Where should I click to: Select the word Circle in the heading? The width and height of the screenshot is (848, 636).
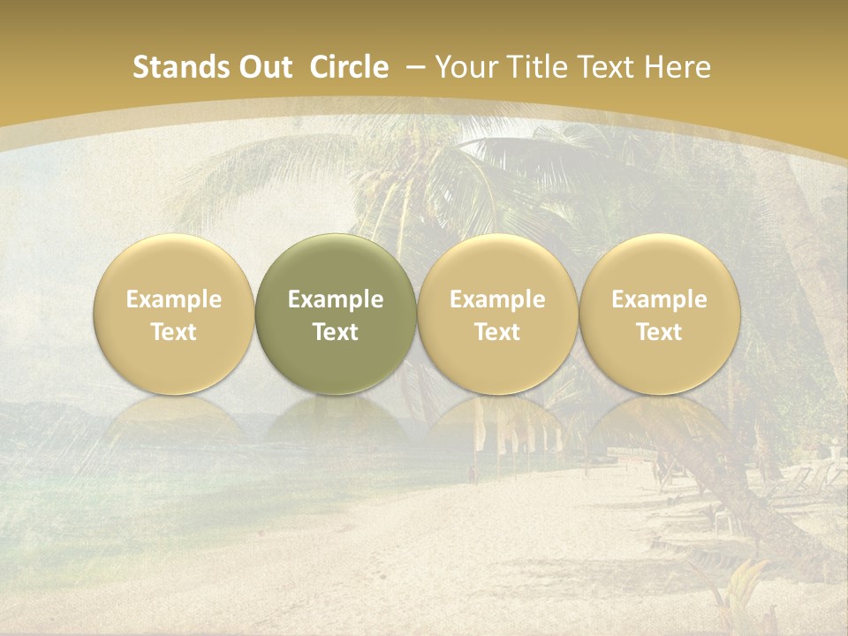pyautogui.click(x=349, y=67)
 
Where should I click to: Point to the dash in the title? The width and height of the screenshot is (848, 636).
pyautogui.click(x=413, y=68)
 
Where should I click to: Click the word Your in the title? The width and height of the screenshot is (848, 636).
pyautogui.click(x=464, y=67)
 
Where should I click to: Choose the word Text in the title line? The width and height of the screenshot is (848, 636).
pyautogui.click(x=602, y=67)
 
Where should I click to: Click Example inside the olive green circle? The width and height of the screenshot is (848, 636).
pyautogui.click(x=336, y=299)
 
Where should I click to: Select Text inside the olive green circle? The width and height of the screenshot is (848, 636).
pyautogui.click(x=336, y=332)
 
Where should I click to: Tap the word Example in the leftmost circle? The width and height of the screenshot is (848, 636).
pyautogui.click(x=174, y=299)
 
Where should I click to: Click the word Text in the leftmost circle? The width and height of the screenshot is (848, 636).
pyautogui.click(x=174, y=332)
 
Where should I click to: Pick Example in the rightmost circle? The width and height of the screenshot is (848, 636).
pyautogui.click(x=659, y=299)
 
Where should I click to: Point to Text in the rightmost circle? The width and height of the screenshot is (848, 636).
pyautogui.click(x=659, y=332)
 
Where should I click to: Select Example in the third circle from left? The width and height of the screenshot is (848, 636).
pyautogui.click(x=497, y=299)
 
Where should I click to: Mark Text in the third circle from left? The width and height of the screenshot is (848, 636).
pyautogui.click(x=497, y=332)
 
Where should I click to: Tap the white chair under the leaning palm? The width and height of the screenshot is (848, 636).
pyautogui.click(x=723, y=520)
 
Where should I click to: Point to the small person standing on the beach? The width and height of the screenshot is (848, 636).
pyautogui.click(x=472, y=474)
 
